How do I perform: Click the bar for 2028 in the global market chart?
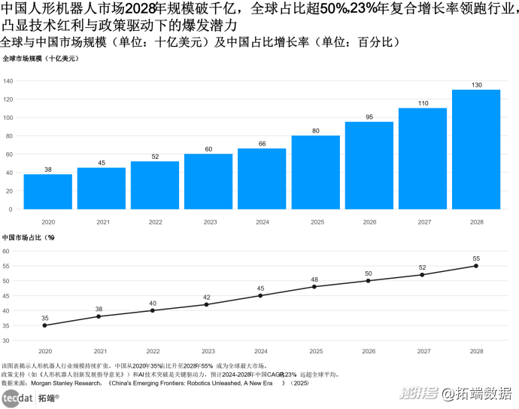click(475, 149)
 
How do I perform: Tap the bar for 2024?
click(262, 179)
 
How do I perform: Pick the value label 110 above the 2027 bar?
click(423, 103)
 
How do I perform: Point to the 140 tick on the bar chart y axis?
click(9, 81)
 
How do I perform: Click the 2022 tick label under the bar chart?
click(155, 222)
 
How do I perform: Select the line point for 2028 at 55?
click(476, 266)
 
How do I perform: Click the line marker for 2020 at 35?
click(45, 325)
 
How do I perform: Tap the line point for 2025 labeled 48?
click(314, 286)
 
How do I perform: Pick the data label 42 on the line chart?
click(208, 298)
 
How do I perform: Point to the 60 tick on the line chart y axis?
click(5, 252)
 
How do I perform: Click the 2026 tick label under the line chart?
click(369, 351)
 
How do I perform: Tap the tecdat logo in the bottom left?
click(17, 398)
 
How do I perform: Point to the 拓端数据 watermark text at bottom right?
click(487, 393)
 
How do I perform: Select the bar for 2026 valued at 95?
click(369, 165)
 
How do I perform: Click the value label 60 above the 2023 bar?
click(208, 149)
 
